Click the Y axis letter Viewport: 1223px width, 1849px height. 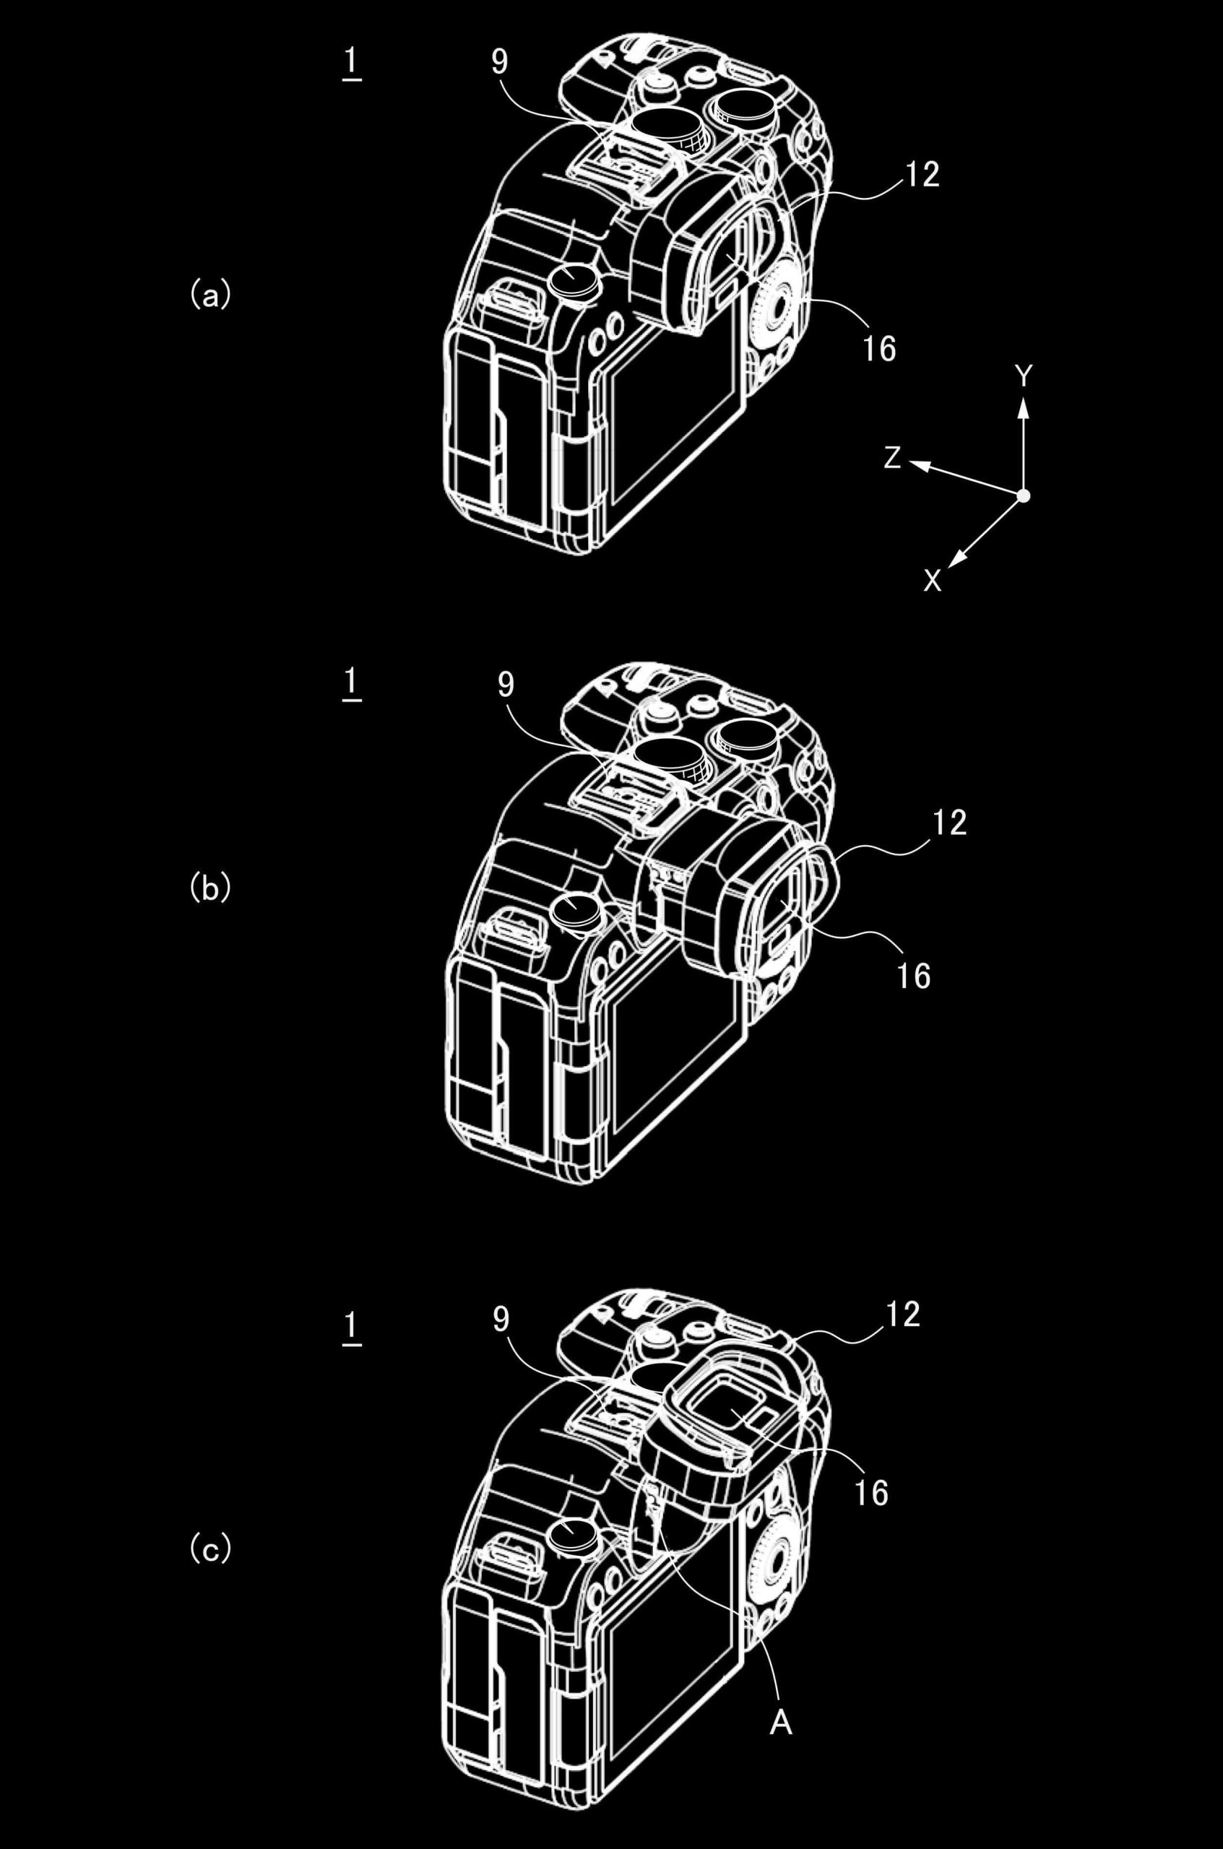(1024, 378)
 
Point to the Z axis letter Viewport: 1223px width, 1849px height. (892, 459)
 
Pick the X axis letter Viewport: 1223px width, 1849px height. (932, 580)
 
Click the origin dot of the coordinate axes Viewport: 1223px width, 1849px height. (1024, 496)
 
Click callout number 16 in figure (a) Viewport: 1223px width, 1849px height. (879, 349)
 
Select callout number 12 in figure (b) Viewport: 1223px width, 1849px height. (948, 823)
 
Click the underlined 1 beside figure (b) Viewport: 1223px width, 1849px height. (351, 684)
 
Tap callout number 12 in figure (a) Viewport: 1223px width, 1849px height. (922, 175)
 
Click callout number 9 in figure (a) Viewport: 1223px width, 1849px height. (499, 62)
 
